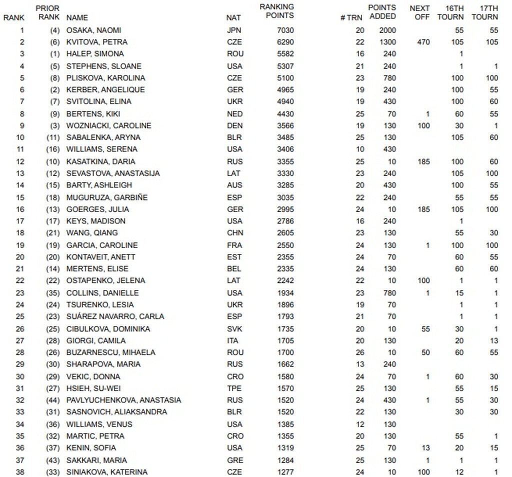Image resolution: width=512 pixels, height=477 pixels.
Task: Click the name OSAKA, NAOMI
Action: coord(93,30)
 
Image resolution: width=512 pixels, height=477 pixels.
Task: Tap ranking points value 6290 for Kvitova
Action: coord(285,42)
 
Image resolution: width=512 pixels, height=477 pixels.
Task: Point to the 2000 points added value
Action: coord(387,30)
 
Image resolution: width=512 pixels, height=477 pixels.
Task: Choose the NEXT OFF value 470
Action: coord(422,42)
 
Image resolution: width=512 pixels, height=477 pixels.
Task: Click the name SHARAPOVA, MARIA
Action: coord(103,364)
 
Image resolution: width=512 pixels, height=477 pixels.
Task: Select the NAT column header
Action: coord(233,17)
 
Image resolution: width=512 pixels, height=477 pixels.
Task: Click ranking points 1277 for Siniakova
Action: coord(285,472)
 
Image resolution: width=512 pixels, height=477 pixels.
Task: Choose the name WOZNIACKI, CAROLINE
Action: coord(108,125)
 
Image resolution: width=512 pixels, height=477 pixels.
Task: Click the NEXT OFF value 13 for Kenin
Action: coord(425,448)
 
